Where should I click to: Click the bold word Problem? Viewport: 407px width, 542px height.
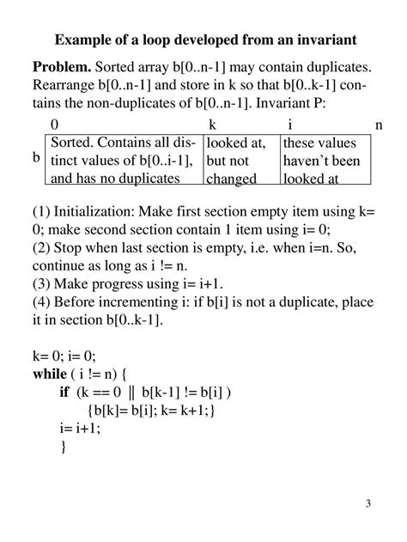[x=62, y=67]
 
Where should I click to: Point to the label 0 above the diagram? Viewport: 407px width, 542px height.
[x=55, y=125]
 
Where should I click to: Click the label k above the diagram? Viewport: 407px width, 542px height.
[x=212, y=125]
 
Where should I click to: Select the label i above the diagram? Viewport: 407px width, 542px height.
[x=290, y=125]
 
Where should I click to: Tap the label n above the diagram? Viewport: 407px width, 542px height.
[x=379, y=125]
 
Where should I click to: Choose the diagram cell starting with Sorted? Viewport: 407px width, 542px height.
[x=124, y=160]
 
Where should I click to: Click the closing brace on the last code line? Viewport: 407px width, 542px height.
[x=63, y=448]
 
